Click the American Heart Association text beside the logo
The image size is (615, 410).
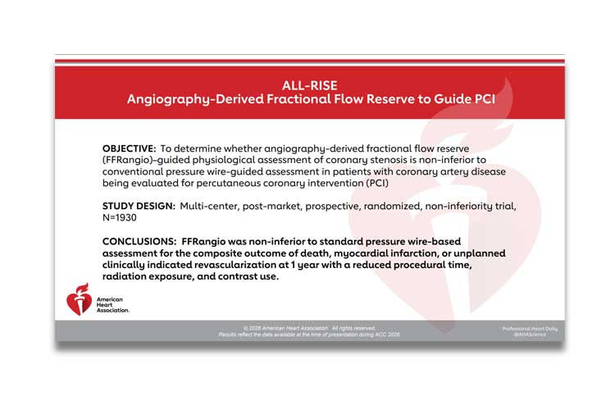click(x=112, y=305)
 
